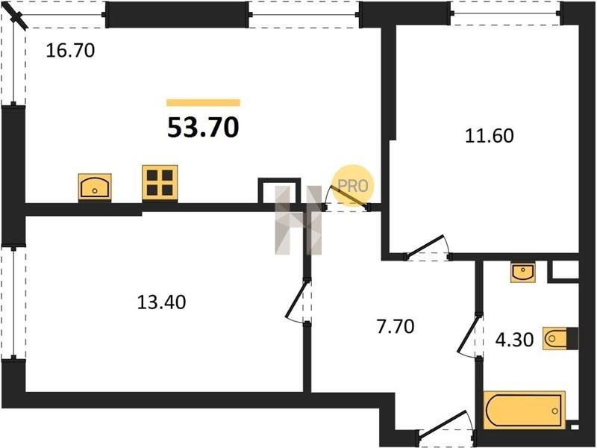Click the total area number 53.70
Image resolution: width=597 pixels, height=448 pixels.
203,127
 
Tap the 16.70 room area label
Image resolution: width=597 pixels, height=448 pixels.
70,51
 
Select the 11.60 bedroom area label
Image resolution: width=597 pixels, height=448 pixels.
490,136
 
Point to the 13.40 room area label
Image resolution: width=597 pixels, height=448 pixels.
161,302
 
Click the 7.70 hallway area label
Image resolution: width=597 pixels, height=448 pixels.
396,326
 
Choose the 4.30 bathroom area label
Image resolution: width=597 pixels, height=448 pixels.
514,339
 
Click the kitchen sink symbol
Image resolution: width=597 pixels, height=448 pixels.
95,187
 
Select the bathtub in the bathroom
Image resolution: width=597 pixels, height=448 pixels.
525,410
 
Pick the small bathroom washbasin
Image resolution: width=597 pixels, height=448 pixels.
523,272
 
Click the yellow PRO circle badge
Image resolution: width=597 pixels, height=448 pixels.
353,185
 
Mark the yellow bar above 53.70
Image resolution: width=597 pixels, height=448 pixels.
203,102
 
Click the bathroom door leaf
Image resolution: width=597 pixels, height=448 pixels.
469,333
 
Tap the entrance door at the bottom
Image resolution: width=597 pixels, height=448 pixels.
443,422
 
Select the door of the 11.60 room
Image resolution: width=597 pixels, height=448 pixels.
425,246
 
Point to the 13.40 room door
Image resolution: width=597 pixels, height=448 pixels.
296,299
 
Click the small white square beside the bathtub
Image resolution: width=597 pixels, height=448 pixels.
575,427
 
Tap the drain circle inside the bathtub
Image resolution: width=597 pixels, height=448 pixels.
554,411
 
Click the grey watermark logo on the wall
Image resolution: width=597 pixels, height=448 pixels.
298,220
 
